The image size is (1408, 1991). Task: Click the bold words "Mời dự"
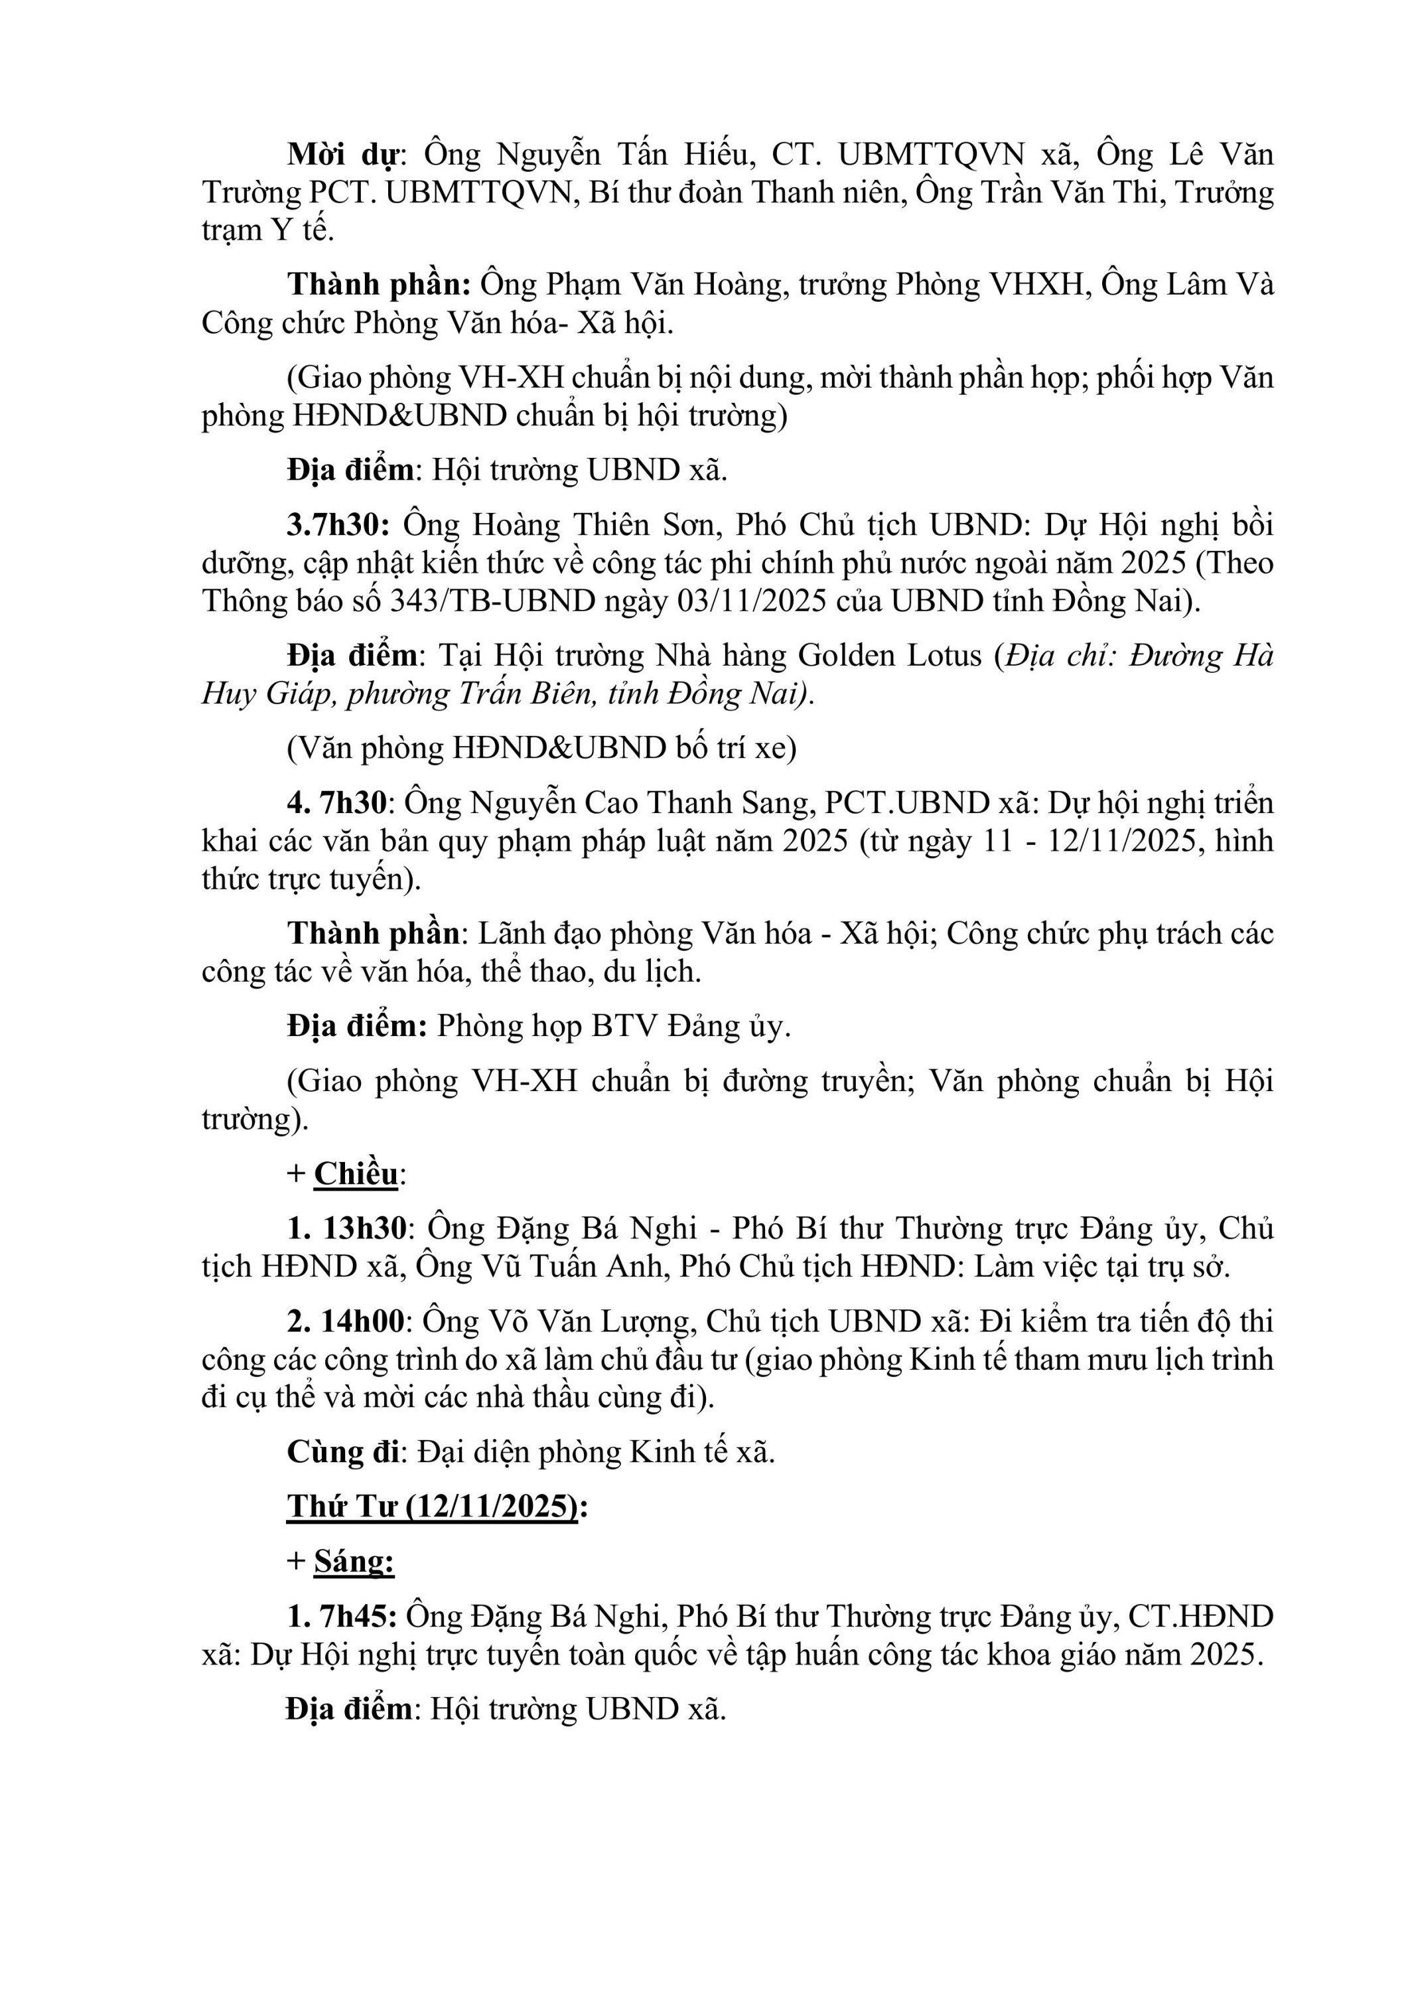coord(343,155)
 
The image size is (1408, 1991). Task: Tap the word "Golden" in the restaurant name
coord(845,656)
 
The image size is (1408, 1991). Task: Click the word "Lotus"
coord(944,656)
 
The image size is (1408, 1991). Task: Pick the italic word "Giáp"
coord(299,694)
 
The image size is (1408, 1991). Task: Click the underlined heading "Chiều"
coord(356,1174)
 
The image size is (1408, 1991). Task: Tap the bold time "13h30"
coord(364,1228)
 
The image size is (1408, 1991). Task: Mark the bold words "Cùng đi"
coord(343,1453)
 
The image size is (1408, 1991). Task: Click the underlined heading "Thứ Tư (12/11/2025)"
coord(433,1507)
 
